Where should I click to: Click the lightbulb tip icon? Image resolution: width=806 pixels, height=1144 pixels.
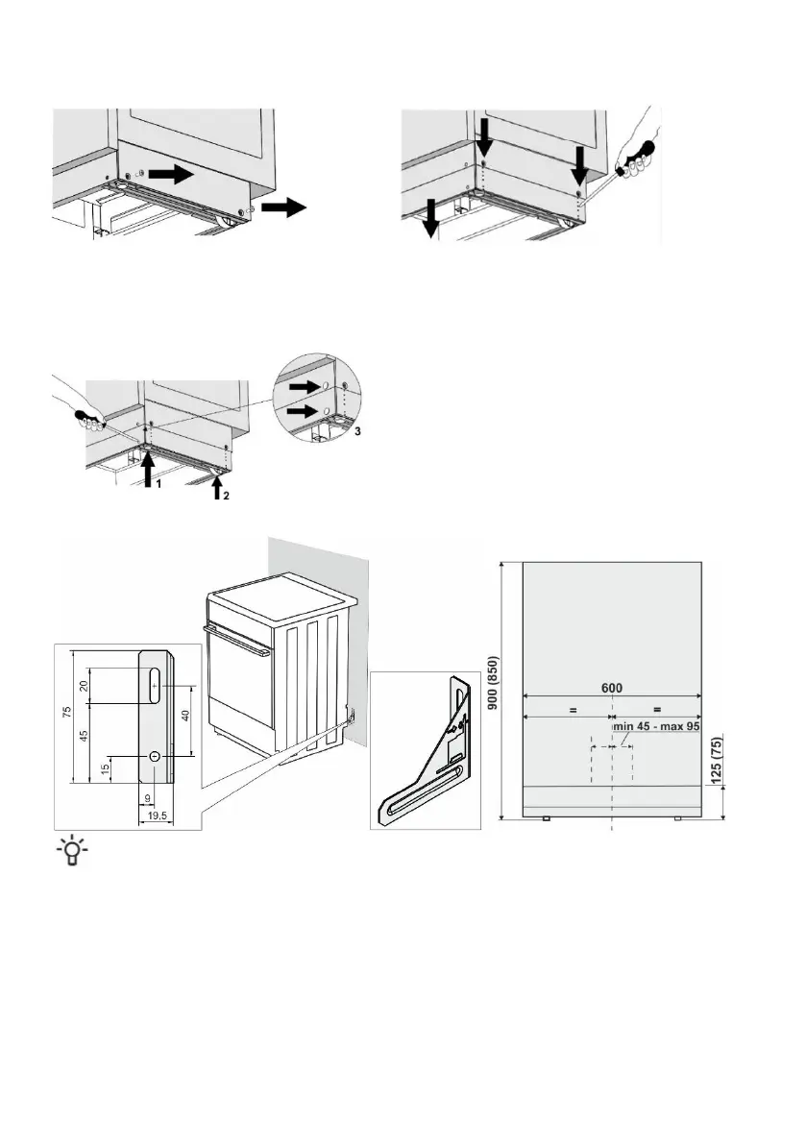click(x=70, y=851)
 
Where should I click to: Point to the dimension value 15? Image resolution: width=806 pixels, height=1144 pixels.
click(x=105, y=769)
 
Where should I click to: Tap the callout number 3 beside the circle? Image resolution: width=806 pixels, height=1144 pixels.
click(x=356, y=433)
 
